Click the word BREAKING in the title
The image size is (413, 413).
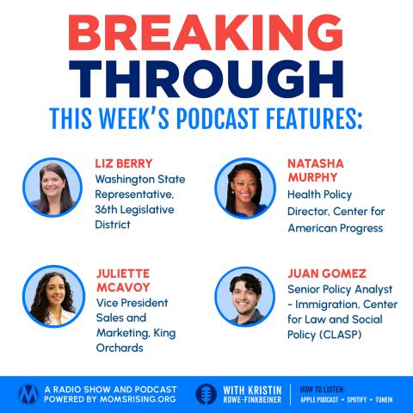[206, 33]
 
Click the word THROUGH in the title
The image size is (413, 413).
[206, 79]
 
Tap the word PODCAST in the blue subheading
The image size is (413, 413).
[218, 119]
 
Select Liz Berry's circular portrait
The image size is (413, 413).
[52, 188]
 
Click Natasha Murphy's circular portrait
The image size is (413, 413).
[245, 188]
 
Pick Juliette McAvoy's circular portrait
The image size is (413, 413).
[53, 297]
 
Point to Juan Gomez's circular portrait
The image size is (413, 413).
[245, 297]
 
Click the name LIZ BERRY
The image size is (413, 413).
[124, 163]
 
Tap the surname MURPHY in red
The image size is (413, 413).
[312, 177]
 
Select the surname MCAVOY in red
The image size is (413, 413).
[123, 287]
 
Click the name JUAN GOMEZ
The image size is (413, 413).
[327, 274]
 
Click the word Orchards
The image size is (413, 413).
[120, 348]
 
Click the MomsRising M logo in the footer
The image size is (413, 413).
[28, 394]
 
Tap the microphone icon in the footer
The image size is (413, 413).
[206, 394]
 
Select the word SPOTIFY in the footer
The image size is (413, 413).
[357, 399]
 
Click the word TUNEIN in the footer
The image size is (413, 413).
[384, 399]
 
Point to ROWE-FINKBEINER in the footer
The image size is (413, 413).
[252, 400]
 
